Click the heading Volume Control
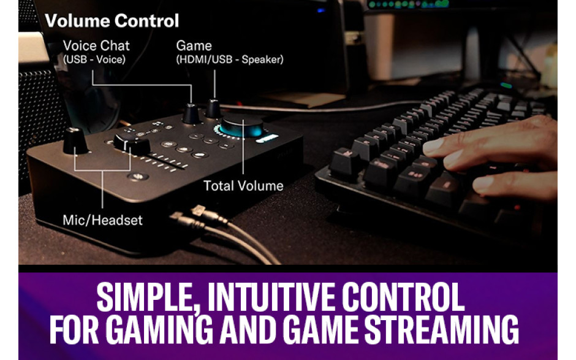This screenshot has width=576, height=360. (x=112, y=21)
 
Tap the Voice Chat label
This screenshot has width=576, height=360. (x=96, y=45)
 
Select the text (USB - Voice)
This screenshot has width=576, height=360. (x=94, y=59)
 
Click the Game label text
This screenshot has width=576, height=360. (x=194, y=45)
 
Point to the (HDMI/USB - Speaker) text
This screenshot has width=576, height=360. (x=230, y=59)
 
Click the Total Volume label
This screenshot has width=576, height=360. (x=243, y=186)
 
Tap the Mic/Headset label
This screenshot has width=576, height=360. (x=102, y=220)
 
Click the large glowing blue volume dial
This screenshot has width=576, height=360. (x=241, y=126)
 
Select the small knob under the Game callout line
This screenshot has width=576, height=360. (x=213, y=109)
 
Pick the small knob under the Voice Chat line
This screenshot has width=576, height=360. (x=191, y=113)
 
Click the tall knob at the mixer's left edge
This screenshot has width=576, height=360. (x=75, y=141)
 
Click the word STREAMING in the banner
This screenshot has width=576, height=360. (x=441, y=329)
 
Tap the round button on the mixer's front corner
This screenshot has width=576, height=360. (x=138, y=177)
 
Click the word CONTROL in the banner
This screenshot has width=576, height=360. (x=403, y=297)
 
